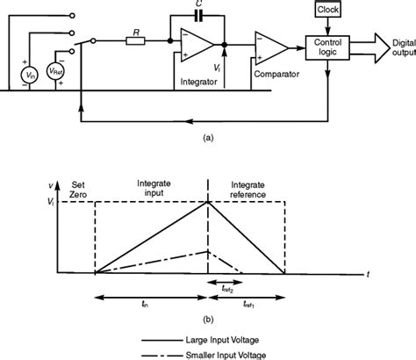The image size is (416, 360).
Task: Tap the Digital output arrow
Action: click(x=382, y=43)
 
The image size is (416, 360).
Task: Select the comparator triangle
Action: click(x=269, y=47)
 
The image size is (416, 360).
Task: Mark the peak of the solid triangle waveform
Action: click(x=207, y=202)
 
